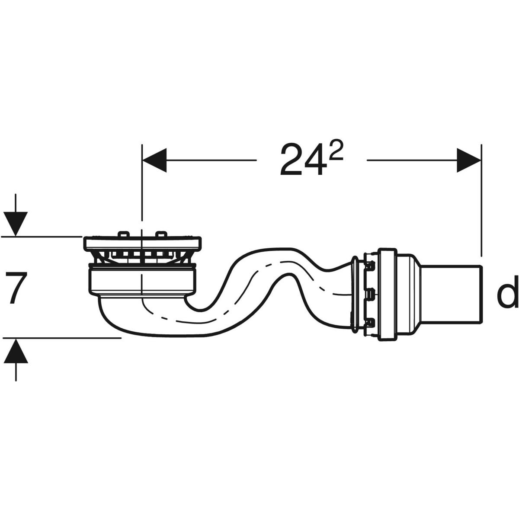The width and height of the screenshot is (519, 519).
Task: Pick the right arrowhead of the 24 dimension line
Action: (x=469, y=160)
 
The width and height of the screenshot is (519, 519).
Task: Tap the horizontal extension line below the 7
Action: (x=61, y=338)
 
